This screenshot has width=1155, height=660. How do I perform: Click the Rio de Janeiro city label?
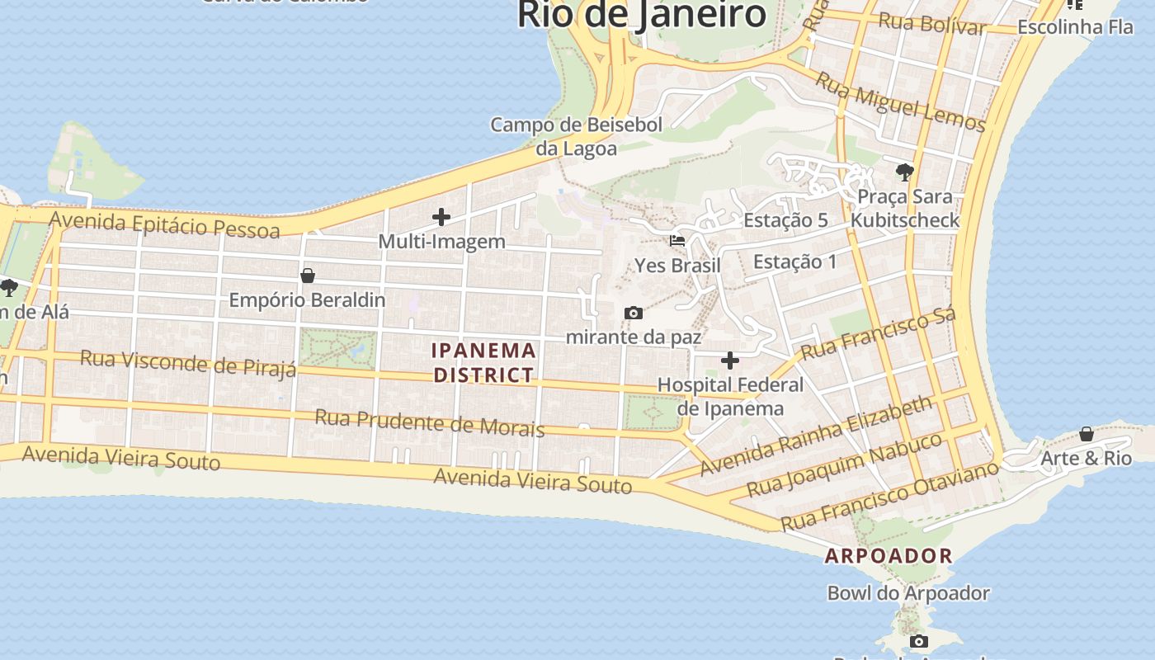coord(642,15)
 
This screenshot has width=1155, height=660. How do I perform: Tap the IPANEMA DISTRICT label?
coord(484,363)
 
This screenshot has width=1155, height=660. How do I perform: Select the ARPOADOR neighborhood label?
coord(889,556)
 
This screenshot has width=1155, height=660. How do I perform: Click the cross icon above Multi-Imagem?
coord(441,218)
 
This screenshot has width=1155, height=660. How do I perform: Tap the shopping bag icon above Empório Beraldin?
coord(308,276)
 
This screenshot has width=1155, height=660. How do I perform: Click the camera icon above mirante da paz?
coord(634,313)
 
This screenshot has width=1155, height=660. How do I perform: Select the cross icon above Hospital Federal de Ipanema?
coord(730,361)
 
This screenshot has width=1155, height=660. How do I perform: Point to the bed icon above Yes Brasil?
coord(677,241)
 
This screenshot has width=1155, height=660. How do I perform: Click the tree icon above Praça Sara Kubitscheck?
coord(905,172)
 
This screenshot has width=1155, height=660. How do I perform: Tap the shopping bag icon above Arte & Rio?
coord(1087,434)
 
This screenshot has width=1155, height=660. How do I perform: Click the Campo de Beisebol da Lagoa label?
coord(576,137)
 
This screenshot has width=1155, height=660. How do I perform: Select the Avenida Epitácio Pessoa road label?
coord(165,224)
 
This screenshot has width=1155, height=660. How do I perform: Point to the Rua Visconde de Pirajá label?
coord(188,363)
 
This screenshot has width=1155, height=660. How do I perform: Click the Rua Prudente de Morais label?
coord(429,422)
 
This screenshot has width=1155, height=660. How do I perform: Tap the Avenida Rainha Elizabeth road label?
coord(817,436)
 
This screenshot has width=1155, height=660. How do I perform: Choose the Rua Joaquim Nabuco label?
coord(844,465)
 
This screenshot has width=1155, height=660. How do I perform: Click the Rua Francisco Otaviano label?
coord(889,497)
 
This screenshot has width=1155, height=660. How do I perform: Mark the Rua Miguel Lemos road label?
coord(901,102)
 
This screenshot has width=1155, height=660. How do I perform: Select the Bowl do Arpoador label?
coord(908,593)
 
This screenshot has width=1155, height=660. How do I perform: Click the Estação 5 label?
coord(785,220)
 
